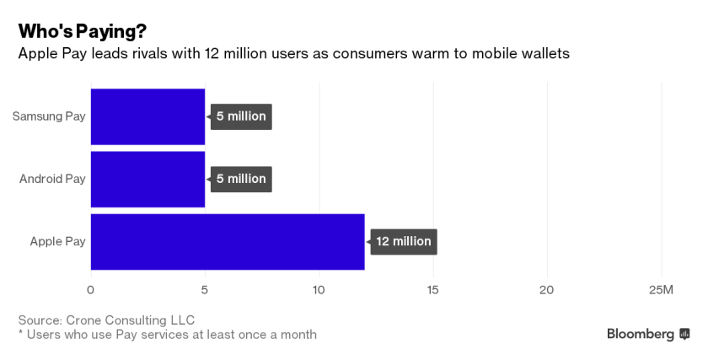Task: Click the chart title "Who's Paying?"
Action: pyautogui.click(x=83, y=31)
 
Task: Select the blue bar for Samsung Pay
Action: pyautogui.click(x=147, y=116)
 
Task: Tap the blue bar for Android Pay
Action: pyautogui.click(x=147, y=179)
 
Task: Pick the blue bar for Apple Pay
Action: pyautogui.click(x=228, y=241)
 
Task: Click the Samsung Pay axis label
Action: pyautogui.click(x=49, y=116)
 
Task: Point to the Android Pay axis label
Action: pyautogui.click(x=52, y=179)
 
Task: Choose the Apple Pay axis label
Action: pyautogui.click(x=57, y=241)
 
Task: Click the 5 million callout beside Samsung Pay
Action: pyautogui.click(x=241, y=116)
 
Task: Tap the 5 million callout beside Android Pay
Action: pyautogui.click(x=241, y=179)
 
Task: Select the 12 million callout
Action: pyautogui.click(x=404, y=241)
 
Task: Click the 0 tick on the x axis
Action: pyautogui.click(x=90, y=290)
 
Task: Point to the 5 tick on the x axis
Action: pyautogui.click(x=204, y=290)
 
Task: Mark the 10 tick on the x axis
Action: pyautogui.click(x=319, y=290)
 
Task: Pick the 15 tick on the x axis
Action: pyautogui.click(x=433, y=290)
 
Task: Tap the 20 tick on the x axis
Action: pyautogui.click(x=547, y=290)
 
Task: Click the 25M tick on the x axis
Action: pyautogui.click(x=661, y=290)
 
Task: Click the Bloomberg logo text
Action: pyautogui.click(x=641, y=334)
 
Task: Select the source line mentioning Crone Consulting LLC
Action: pyautogui.click(x=106, y=320)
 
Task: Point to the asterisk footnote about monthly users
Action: pyautogui.click(x=167, y=335)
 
